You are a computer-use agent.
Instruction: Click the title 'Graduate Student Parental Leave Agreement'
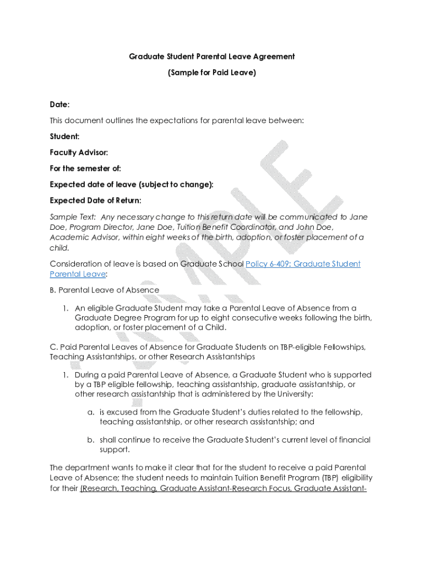coord(212,57)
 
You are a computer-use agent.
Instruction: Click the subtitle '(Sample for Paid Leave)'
coord(212,72)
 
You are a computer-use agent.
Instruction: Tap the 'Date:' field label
coord(59,104)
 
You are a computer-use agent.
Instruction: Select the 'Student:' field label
coord(64,136)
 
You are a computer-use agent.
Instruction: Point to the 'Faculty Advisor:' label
coord(79,152)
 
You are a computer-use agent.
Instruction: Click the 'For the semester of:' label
coord(85,168)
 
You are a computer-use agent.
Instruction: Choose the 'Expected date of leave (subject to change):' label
coord(131,184)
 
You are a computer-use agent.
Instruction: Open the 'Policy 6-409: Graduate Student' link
coord(303,264)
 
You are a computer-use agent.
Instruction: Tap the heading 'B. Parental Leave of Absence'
coord(105,290)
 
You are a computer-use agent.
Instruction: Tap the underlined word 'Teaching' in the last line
coord(138,488)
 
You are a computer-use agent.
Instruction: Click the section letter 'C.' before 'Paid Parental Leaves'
coord(53,347)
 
